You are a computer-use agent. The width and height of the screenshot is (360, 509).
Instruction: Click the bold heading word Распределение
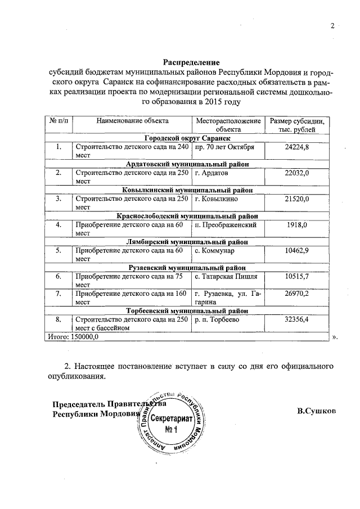click(191, 62)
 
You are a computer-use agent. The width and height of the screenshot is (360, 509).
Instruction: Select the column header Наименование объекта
click(133, 121)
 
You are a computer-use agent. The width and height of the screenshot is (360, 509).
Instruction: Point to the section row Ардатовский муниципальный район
click(188, 164)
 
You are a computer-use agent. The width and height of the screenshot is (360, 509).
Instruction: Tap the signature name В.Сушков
click(317, 412)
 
